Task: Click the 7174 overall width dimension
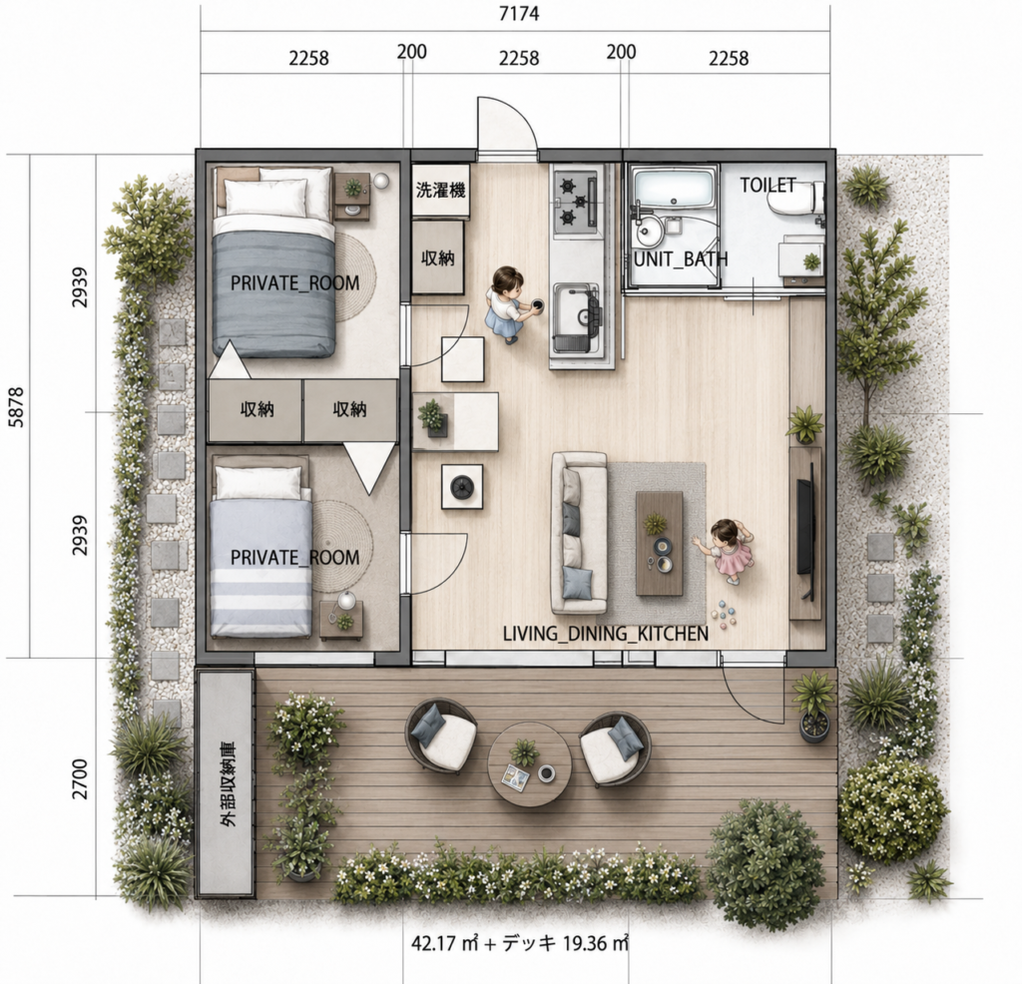519,14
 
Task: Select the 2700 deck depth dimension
80,778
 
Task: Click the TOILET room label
767,185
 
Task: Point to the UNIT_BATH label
681,259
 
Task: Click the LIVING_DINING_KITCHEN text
606,634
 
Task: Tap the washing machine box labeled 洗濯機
440,191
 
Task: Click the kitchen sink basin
576,310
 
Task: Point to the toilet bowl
795,199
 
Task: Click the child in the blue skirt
508,304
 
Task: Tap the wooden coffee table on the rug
660,543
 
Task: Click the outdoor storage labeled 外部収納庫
226,782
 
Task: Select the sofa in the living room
579,533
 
